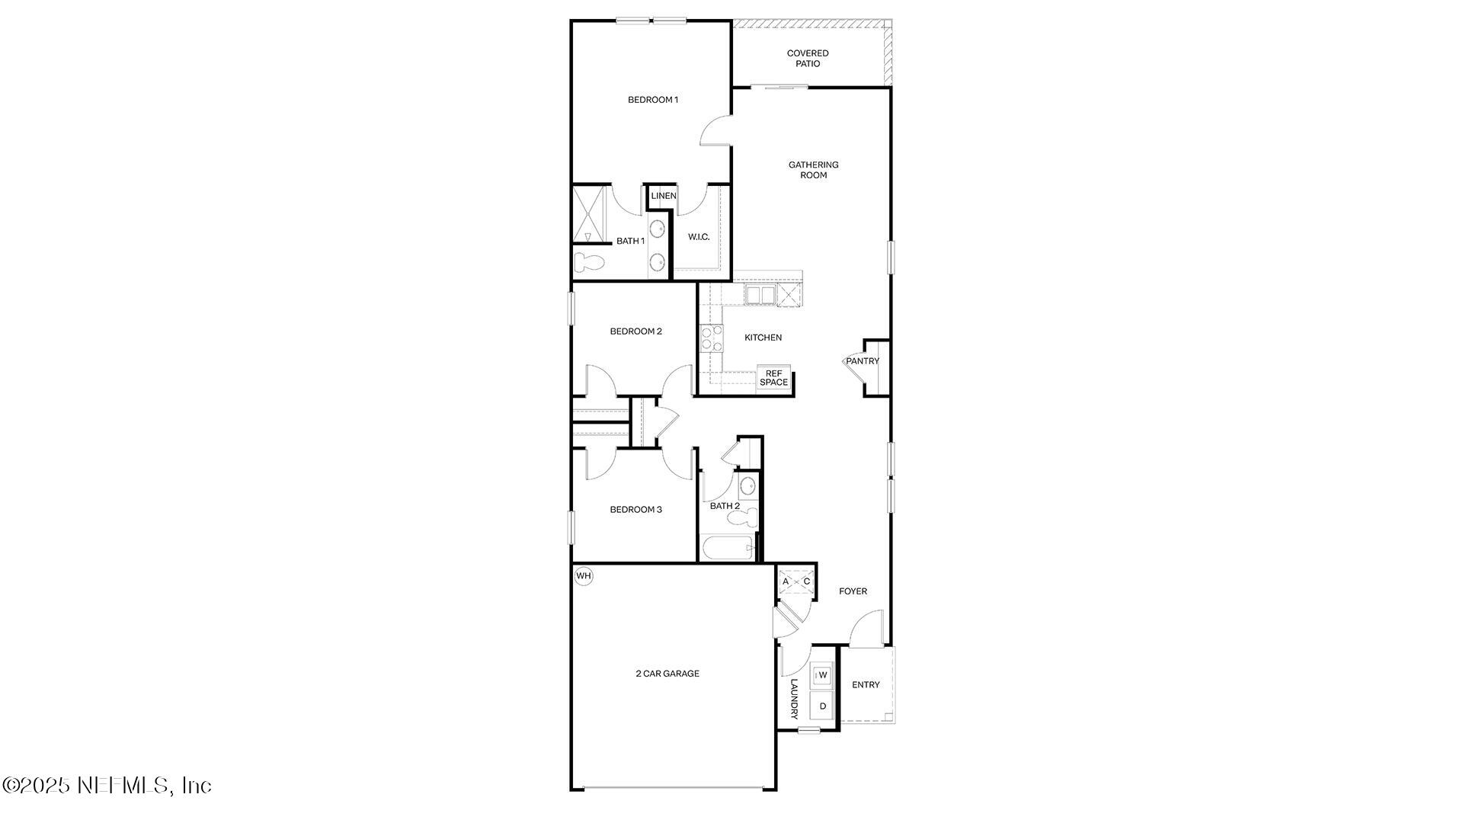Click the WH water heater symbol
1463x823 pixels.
[x=584, y=576]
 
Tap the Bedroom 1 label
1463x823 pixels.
[x=652, y=100]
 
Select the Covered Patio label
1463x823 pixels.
[x=808, y=59]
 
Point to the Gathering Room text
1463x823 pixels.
[x=813, y=170]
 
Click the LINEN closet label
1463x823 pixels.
[x=663, y=196]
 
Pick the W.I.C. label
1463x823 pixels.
[x=699, y=237]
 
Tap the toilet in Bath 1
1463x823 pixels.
[x=589, y=262]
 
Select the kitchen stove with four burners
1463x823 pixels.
[x=711, y=338]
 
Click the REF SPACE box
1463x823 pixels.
[x=773, y=378]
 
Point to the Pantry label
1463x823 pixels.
[x=863, y=361]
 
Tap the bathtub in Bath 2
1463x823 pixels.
[x=728, y=549]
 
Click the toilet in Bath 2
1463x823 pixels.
[x=743, y=518]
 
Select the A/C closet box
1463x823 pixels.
[x=796, y=582]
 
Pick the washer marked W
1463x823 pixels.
[x=823, y=675]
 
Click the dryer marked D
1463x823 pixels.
[x=823, y=706]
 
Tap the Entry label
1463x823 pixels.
[x=866, y=685]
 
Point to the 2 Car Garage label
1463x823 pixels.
[x=667, y=674]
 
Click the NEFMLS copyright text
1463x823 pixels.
[x=107, y=785]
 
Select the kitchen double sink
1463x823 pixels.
[x=760, y=295]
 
